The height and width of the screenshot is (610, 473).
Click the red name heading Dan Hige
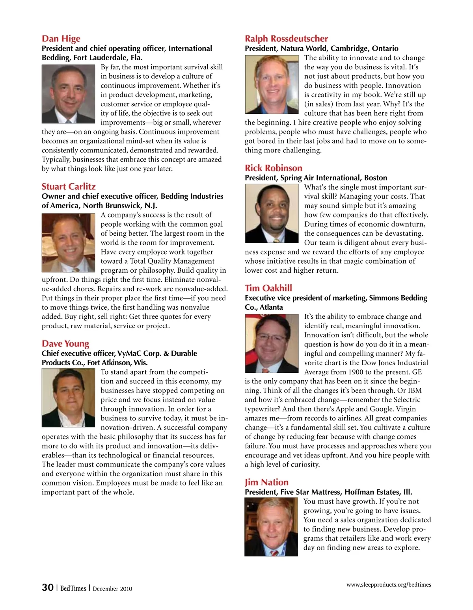[x=61, y=39]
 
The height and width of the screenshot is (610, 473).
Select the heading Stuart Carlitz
[x=69, y=186]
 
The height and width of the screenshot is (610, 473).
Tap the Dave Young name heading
[x=65, y=344]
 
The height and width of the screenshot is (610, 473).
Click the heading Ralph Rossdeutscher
[x=286, y=39]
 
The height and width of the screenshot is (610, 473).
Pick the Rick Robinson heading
[x=274, y=168]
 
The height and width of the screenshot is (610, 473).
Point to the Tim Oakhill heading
[x=268, y=288]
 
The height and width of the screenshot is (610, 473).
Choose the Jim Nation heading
[x=266, y=482]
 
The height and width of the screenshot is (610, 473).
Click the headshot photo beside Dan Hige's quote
[x=69, y=94]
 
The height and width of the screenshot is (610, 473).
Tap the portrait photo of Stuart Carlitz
[x=69, y=243]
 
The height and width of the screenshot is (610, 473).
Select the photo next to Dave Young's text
[x=69, y=398]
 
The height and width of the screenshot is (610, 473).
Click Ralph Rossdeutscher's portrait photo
[x=272, y=84]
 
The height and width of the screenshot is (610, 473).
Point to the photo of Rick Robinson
[x=272, y=213]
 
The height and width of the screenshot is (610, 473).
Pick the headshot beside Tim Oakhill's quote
[x=272, y=343]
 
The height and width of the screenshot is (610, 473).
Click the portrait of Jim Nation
[x=271, y=527]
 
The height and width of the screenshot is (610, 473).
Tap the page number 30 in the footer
[x=48, y=588]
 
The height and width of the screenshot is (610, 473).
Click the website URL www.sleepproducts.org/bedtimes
[x=389, y=585]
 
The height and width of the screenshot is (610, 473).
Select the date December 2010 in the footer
[x=112, y=589]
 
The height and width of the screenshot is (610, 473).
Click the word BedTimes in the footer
[x=73, y=588]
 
